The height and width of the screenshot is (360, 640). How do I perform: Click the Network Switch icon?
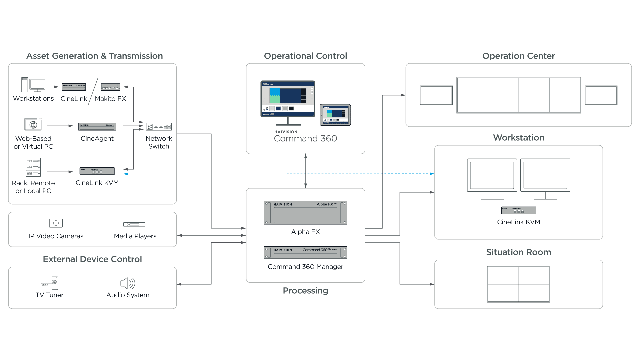pyautogui.click(x=159, y=127)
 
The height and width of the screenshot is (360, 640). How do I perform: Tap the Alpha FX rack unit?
pyautogui.click(x=305, y=213)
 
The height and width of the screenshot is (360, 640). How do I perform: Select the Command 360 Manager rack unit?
pyautogui.click(x=305, y=253)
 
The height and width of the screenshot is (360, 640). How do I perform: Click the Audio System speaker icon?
pyautogui.click(x=127, y=283)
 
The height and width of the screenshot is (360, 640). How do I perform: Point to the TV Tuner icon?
pyautogui.click(x=50, y=283)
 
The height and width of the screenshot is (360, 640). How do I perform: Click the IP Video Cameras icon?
pyautogui.click(x=56, y=224)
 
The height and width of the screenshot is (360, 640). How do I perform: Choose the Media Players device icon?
pyautogui.click(x=134, y=224)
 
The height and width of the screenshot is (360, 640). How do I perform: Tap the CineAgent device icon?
pyautogui.click(x=97, y=127)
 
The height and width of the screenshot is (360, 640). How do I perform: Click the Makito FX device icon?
pyautogui.click(x=110, y=87)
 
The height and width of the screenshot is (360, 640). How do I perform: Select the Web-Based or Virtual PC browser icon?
pyautogui.click(x=33, y=124)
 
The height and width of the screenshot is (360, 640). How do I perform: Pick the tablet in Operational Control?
pyautogui.click(x=335, y=115)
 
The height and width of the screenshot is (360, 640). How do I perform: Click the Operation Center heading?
pyautogui.click(x=518, y=56)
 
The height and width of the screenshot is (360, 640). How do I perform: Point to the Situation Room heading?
pyautogui.click(x=518, y=252)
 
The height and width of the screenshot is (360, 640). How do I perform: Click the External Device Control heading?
pyautogui.click(x=92, y=259)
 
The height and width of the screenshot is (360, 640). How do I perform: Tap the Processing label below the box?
pyautogui.click(x=305, y=291)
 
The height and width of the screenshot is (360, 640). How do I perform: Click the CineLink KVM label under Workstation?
pyautogui.click(x=518, y=222)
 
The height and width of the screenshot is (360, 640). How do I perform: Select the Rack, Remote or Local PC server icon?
pyautogui.click(x=33, y=167)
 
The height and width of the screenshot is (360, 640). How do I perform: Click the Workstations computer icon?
pyautogui.click(x=33, y=85)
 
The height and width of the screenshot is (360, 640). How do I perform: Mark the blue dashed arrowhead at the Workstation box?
pyautogui.click(x=432, y=174)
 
